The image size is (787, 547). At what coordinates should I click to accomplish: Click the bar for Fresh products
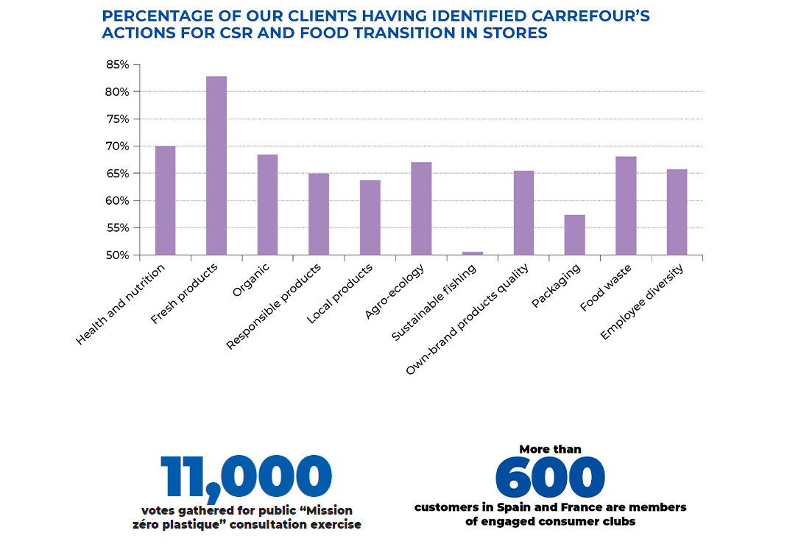[216, 166]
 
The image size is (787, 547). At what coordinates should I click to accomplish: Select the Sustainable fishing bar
[472, 253]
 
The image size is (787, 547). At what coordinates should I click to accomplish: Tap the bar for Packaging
[574, 235]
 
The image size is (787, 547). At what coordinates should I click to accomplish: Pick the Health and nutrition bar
[165, 200]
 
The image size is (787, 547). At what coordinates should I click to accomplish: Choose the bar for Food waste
[626, 205]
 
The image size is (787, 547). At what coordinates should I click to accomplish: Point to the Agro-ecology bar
[421, 208]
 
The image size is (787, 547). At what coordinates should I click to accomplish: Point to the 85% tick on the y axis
[117, 65]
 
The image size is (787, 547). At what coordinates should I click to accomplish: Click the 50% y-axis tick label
[117, 255]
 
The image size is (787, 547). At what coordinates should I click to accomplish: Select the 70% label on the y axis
[117, 147]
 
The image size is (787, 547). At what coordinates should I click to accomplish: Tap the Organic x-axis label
[250, 280]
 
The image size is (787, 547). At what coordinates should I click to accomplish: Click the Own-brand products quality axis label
[468, 320]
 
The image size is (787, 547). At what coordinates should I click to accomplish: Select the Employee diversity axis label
[642, 302]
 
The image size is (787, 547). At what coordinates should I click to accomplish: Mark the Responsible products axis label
[273, 306]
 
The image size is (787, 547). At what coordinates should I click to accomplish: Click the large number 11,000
[246, 477]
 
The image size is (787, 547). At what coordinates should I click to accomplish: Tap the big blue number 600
[550, 477]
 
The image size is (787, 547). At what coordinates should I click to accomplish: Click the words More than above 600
[550, 449]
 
